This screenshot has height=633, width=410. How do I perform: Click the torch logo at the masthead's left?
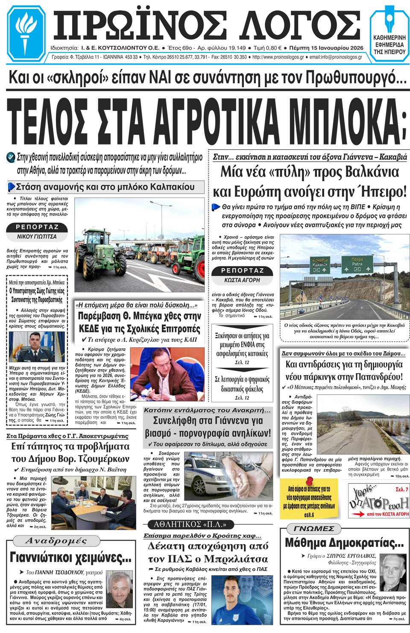(x=26, y=32)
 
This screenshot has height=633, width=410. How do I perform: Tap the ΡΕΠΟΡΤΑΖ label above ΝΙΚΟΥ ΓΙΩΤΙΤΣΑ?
(x=37, y=227)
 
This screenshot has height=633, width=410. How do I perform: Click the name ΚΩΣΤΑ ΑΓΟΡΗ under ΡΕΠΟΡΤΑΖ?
(x=242, y=280)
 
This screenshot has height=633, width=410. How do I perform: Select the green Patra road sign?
(x=357, y=264)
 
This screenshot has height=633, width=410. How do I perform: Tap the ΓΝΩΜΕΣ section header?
(x=314, y=529)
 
